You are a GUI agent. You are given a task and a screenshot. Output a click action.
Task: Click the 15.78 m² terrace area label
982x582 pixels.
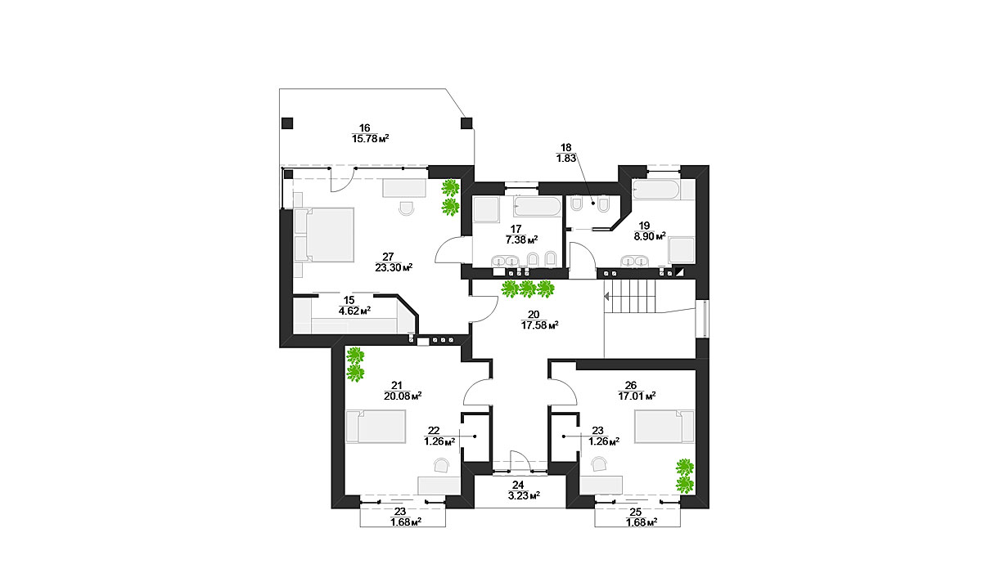(370, 139)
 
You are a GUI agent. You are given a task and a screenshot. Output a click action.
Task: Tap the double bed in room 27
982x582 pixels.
(324, 235)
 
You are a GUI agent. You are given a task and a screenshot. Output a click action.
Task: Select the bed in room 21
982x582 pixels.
(376, 426)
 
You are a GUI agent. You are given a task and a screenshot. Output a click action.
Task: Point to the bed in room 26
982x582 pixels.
(664, 426)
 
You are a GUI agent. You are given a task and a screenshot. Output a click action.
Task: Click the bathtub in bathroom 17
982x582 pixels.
(538, 206)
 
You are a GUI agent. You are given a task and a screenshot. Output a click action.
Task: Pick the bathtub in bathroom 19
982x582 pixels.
(656, 190)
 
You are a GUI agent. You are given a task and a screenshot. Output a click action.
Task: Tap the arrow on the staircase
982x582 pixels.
(606, 297)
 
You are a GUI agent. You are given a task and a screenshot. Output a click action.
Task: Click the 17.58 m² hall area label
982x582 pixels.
(539, 325)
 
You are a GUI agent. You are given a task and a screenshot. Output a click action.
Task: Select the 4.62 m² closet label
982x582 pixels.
(354, 311)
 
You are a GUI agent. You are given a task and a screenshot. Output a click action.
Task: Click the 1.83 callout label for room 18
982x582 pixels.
(566, 158)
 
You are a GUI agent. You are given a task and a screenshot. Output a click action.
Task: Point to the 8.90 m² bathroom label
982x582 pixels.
(650, 236)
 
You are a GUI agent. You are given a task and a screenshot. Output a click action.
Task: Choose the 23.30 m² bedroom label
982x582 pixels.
(394, 267)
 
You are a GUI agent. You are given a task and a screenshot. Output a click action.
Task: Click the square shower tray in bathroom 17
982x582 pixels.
(486, 210)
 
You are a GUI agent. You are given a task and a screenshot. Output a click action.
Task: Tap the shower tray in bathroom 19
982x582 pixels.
(682, 250)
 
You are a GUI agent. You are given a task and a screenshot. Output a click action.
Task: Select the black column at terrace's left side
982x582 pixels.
(287, 123)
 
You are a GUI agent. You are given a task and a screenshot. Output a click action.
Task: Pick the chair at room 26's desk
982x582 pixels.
(599, 463)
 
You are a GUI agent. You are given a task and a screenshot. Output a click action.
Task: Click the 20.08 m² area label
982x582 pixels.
(403, 396)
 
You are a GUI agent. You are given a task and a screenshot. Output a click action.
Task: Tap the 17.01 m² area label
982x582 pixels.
(637, 396)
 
